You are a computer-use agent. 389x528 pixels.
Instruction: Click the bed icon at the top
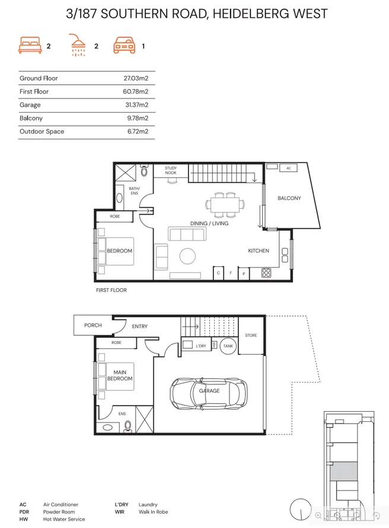30,46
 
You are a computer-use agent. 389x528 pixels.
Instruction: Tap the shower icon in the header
78,45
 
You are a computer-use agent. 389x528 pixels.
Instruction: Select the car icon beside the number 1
125,46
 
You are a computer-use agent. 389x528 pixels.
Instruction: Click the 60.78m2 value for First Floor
135,91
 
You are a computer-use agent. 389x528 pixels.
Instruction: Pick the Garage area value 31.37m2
136,105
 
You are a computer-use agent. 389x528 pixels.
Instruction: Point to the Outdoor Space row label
42,132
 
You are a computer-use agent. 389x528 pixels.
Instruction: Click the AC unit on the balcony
289,168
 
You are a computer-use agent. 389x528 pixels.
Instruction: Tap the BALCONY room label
289,198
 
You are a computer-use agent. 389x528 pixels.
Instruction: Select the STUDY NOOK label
171,171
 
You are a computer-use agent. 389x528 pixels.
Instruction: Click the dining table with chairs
225,204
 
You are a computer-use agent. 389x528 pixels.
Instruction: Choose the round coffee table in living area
188,256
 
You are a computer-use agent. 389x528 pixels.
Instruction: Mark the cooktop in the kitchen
266,273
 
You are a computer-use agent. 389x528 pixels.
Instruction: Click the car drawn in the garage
209,390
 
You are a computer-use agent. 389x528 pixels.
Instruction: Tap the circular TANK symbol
228,346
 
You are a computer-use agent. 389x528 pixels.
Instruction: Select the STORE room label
251,336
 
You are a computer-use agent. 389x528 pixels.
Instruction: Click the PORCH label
93,325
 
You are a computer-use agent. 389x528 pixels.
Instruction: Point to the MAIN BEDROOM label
120,376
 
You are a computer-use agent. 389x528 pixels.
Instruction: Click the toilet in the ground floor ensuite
128,425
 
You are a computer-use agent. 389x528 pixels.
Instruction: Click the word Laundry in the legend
148,505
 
